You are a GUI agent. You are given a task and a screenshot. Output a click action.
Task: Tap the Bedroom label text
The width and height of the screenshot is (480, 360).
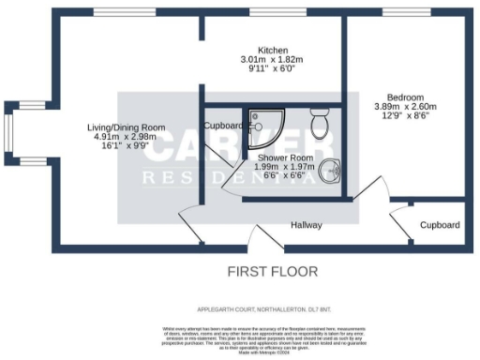405,97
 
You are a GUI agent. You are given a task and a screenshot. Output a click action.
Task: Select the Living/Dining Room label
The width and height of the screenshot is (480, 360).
126,127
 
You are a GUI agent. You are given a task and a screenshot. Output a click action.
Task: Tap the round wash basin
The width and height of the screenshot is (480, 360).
329,172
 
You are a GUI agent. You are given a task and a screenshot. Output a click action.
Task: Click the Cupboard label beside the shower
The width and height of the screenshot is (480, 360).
224,126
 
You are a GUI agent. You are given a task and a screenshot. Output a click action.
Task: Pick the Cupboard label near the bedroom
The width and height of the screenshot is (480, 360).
439,226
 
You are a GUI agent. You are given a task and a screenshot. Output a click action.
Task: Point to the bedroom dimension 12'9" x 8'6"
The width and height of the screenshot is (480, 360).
405,117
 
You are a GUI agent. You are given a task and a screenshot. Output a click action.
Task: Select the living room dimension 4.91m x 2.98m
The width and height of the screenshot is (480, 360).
126,137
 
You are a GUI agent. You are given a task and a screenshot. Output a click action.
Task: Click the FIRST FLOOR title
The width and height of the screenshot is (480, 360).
273,272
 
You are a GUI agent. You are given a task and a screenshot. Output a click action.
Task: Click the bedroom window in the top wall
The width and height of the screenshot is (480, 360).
403,11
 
